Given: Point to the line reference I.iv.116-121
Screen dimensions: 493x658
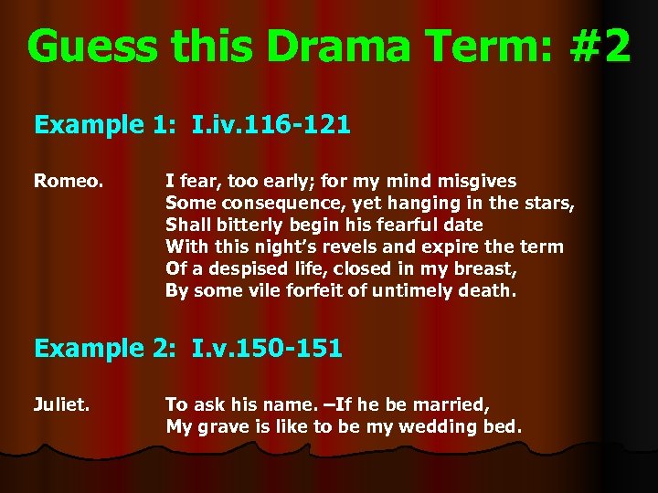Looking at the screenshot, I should (x=271, y=125).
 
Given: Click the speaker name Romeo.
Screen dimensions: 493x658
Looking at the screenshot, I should (x=67, y=182).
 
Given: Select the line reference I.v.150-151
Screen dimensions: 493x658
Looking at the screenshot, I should (x=267, y=348).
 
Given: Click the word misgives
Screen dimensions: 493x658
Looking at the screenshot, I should (x=475, y=182).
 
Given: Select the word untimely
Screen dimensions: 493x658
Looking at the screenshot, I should (x=414, y=291).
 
